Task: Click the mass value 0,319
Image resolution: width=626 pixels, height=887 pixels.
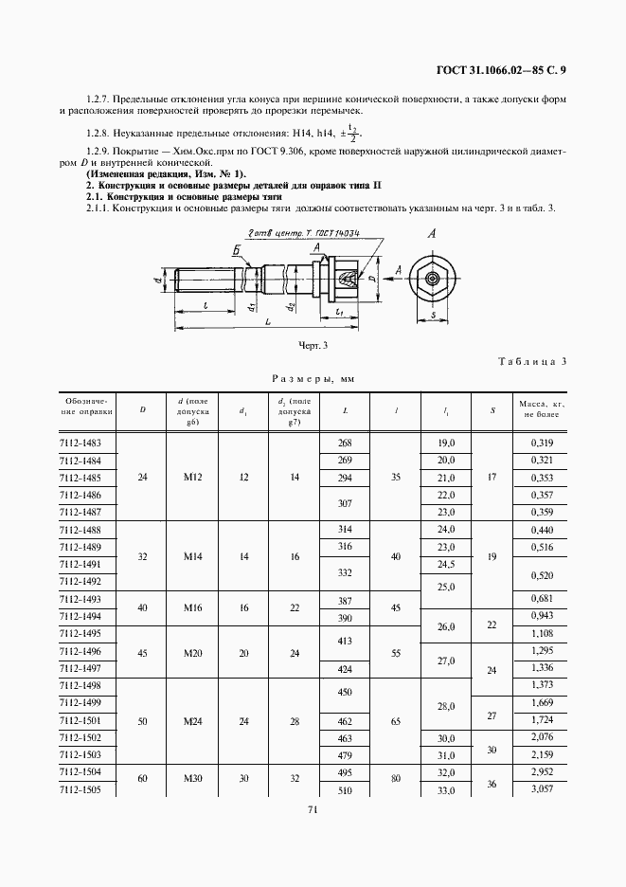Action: coord(541,443)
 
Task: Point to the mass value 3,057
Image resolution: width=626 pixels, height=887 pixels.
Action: coord(541,788)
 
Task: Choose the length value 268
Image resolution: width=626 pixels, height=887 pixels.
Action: coord(344,443)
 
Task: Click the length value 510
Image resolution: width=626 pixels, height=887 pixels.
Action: coord(344,788)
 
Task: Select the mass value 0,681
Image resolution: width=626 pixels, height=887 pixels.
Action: coord(541,599)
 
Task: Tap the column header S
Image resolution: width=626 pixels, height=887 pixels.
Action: coord(492,409)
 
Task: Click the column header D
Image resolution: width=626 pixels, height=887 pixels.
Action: coord(143,409)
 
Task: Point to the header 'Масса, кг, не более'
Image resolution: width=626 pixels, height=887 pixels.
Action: coord(541,409)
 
